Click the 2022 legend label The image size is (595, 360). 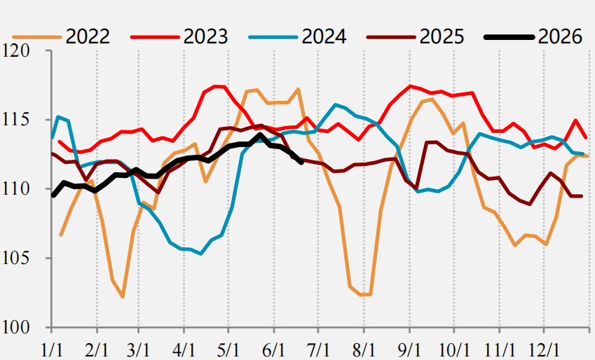(x=88, y=37)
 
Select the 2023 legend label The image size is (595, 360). (x=205, y=37)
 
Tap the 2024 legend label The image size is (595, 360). (x=324, y=37)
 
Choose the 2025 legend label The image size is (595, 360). (x=442, y=37)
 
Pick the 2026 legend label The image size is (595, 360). (x=560, y=37)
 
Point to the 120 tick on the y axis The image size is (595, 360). (x=16, y=51)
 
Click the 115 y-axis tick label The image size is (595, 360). (x=16, y=120)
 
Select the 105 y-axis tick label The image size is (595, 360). (x=16, y=258)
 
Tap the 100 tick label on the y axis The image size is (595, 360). (x=16, y=327)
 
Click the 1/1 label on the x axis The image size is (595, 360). (x=51, y=349)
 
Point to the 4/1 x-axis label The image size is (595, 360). (x=184, y=349)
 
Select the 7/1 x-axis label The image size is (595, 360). (x=318, y=349)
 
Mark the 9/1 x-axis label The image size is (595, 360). (x=409, y=349)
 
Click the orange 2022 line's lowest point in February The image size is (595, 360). (x=123, y=297)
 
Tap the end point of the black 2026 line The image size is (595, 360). (x=301, y=162)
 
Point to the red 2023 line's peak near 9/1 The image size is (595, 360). (x=410, y=86)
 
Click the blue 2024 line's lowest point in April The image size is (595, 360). (x=200, y=254)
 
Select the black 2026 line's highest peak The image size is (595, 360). (x=260, y=134)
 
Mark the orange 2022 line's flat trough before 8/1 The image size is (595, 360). (x=365, y=294)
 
